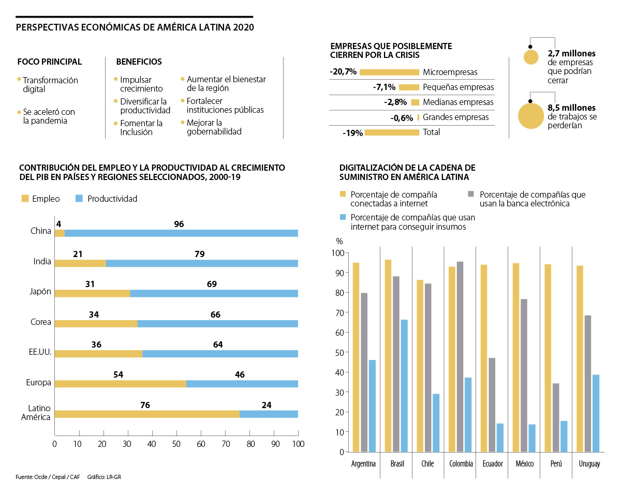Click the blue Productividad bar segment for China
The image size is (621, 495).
[x=181, y=233]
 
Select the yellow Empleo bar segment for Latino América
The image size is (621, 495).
[x=147, y=414]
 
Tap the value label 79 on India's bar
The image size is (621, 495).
[x=200, y=254]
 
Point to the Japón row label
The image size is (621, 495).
[x=41, y=291]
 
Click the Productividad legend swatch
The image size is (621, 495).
[x=79, y=199]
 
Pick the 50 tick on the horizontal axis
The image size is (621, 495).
[x=176, y=444]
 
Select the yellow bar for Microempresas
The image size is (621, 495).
[x=389, y=72]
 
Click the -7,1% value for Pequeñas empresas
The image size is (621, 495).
[x=384, y=87]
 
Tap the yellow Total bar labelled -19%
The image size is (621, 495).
[x=392, y=132]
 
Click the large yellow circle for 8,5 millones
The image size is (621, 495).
[x=530, y=115]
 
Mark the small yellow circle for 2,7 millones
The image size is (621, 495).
[x=531, y=57]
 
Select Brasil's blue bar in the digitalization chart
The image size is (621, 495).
[x=404, y=385]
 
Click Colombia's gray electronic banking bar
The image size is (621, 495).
[x=460, y=356]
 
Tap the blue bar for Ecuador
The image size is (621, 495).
[x=500, y=438]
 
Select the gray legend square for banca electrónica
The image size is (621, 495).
[x=471, y=194]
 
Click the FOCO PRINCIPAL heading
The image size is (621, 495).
[x=50, y=62]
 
